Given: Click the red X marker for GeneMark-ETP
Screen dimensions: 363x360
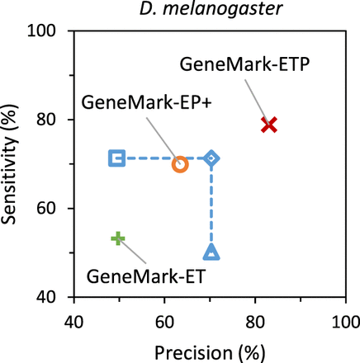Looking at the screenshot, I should tap(268, 125).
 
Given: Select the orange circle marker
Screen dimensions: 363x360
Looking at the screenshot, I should tap(180, 164).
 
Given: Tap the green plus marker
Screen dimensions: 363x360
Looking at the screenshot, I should tap(117, 238).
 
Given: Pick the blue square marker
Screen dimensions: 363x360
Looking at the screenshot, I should tap(117, 158).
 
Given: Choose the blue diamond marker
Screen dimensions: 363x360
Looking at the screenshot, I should tap(211, 158).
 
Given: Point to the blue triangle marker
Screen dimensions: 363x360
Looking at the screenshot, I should tap(211, 252).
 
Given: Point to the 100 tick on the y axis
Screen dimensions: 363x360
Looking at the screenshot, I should tap(53, 31).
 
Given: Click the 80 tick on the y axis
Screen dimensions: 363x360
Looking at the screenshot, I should tap(56, 120).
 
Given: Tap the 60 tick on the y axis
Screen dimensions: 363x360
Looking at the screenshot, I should tap(56, 209).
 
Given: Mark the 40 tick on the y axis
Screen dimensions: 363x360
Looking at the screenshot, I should tap(56, 297).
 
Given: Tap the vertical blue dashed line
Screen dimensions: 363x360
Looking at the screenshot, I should tap(211, 206).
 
